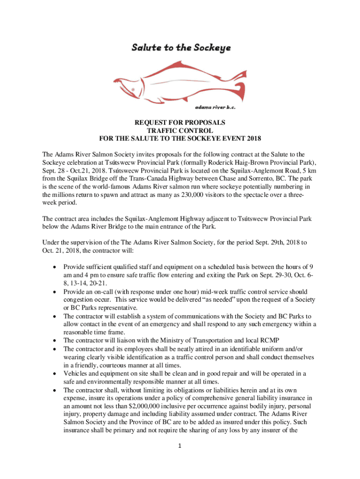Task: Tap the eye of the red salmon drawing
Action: pyautogui.click(x=133, y=89)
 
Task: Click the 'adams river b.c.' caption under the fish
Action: pyautogui.click(x=215, y=107)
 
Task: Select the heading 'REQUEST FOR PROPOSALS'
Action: pyautogui.click(x=180, y=123)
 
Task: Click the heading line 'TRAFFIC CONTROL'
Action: pyautogui.click(x=180, y=131)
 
